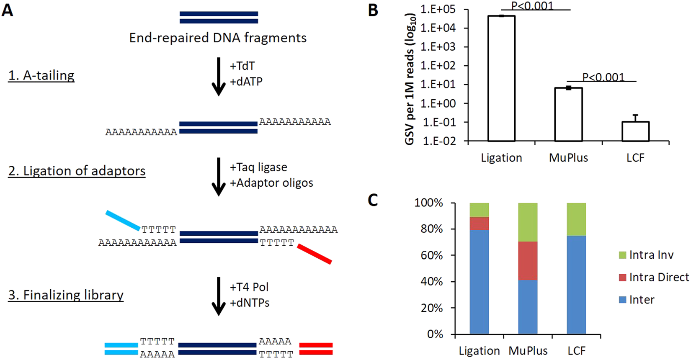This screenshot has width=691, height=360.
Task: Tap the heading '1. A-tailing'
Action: (41, 75)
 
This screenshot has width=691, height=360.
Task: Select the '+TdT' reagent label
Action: (242, 66)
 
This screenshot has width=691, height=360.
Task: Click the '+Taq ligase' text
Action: (258, 167)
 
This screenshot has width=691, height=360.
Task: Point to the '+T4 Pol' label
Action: (249, 287)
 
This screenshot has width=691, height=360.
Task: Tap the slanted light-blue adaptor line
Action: (123, 220)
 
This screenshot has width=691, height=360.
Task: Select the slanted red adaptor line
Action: (315, 254)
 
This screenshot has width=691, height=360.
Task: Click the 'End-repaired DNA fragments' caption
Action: (218, 38)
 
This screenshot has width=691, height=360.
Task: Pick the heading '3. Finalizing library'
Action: (66, 295)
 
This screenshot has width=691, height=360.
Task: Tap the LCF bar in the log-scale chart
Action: (635, 131)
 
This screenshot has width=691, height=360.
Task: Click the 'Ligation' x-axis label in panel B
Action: (501, 158)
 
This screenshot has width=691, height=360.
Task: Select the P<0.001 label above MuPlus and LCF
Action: (603, 77)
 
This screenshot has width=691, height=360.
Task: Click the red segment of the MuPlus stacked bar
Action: (528, 261)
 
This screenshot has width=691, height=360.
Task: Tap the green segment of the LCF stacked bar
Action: (576, 219)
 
